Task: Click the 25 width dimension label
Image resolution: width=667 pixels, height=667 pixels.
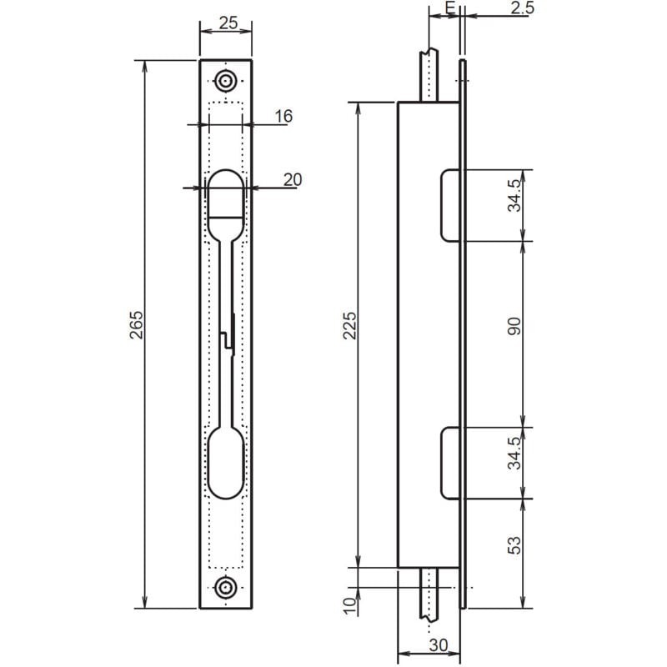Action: [225, 23]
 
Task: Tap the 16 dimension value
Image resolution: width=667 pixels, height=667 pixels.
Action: [283, 117]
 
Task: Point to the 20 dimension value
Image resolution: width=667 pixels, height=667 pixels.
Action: [292, 178]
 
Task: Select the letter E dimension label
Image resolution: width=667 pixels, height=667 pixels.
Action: [450, 8]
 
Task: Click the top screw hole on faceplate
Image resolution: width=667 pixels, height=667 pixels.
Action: [225, 81]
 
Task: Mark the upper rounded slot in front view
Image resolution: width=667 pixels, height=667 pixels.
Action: [225, 204]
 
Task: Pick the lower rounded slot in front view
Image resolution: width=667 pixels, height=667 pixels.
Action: [225, 463]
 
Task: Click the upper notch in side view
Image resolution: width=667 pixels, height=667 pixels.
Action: [449, 204]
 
